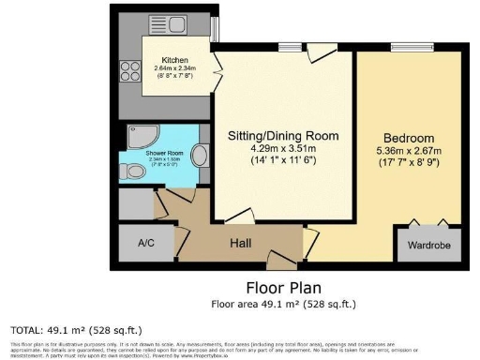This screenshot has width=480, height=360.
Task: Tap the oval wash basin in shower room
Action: click(201, 155)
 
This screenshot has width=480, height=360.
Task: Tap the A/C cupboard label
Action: click(145, 243)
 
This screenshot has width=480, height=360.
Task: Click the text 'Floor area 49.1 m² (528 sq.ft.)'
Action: click(283, 304)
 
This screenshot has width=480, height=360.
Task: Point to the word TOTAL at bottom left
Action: click(26, 330)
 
